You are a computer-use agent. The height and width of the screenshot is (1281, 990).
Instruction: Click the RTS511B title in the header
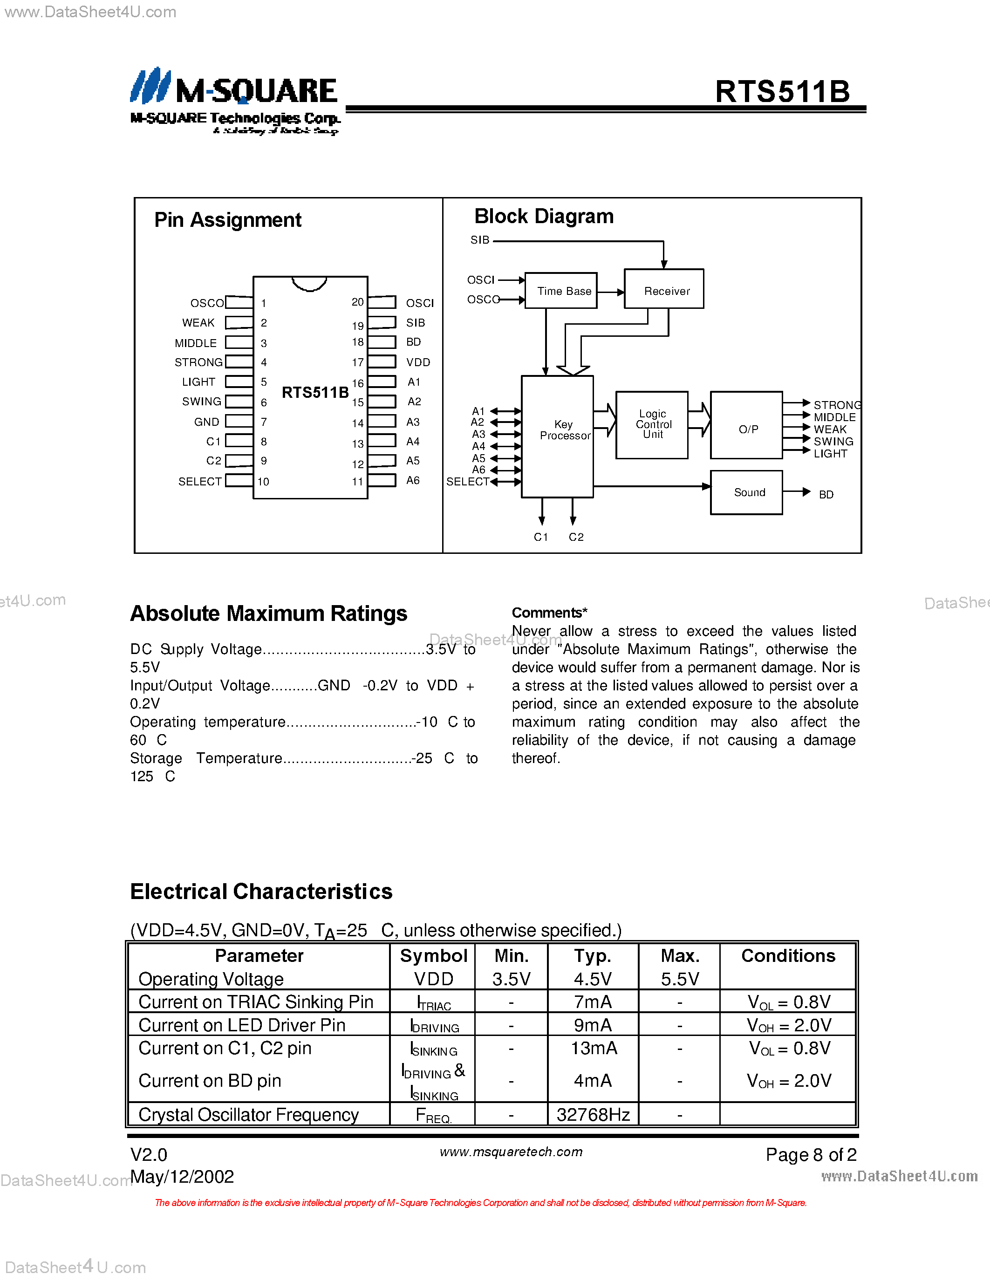782,92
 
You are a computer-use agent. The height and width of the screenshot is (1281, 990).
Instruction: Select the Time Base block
561,291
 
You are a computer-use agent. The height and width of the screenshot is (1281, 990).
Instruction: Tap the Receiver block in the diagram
664,290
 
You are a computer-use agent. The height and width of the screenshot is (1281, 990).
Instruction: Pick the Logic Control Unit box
652,425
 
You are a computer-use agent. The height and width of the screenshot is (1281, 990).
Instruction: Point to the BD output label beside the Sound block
826,494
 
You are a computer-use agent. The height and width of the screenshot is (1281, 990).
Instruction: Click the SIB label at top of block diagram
480,240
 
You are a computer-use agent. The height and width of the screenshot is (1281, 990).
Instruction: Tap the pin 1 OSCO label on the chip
206,303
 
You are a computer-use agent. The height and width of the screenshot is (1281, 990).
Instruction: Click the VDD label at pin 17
418,362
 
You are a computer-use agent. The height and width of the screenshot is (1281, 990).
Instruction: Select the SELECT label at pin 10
199,482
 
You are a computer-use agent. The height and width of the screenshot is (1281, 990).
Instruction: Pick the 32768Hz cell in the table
593,1114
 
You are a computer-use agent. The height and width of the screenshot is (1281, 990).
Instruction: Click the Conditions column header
788,956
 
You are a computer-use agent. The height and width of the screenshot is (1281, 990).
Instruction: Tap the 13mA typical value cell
593,1048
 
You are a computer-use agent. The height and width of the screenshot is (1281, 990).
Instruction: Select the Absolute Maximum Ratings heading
269,613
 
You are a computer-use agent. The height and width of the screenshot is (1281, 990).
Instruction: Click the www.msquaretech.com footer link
511,1152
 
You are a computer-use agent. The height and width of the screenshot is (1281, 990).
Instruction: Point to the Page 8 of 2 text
811,1155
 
